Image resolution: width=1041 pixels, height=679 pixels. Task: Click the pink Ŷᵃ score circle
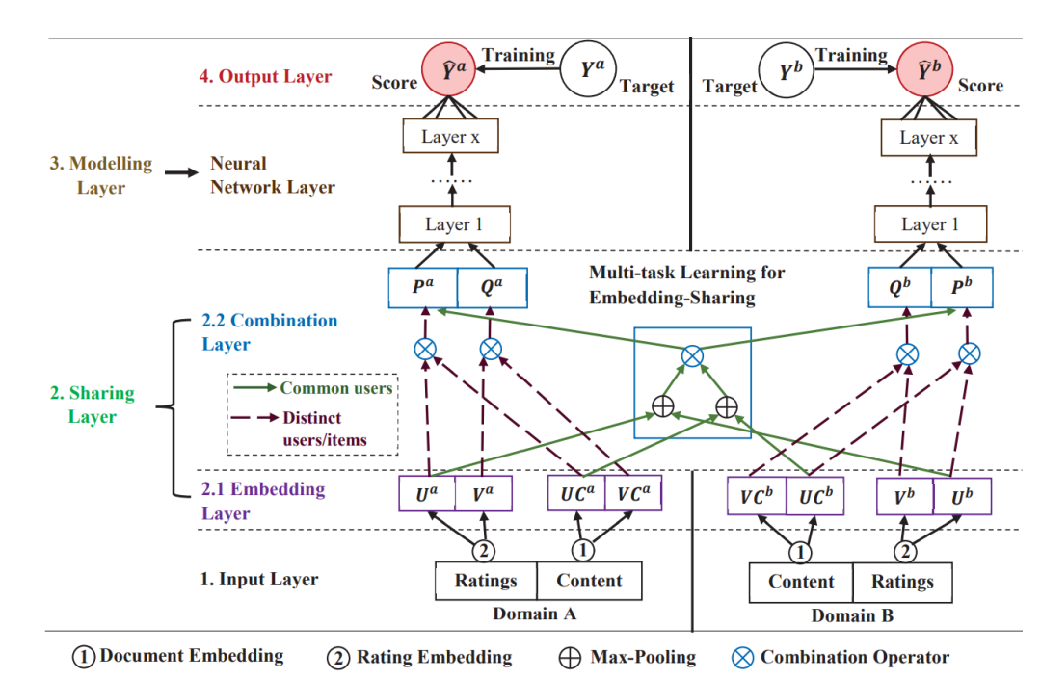(x=449, y=69)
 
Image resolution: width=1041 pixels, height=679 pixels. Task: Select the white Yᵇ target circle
(x=787, y=70)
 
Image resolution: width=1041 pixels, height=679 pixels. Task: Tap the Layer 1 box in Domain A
(x=454, y=224)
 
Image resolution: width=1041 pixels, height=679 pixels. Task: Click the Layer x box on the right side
(x=929, y=138)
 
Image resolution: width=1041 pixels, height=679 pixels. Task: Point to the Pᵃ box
(x=423, y=287)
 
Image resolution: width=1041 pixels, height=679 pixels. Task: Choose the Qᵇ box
(x=899, y=287)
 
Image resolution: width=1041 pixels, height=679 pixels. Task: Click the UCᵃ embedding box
(x=576, y=493)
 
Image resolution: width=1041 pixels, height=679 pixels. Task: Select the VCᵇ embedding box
(x=757, y=496)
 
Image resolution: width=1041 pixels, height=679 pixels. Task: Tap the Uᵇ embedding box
(x=962, y=496)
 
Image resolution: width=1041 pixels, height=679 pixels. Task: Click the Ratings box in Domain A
(x=486, y=581)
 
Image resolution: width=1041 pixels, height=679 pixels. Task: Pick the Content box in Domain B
(x=801, y=582)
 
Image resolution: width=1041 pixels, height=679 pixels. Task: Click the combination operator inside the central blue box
(x=692, y=356)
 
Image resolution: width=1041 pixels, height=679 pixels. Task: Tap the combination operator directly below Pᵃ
(x=425, y=349)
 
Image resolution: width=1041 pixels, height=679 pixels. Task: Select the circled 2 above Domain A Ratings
(x=483, y=550)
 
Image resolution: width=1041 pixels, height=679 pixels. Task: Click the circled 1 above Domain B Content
(x=800, y=552)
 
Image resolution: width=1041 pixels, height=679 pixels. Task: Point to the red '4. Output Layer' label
(x=266, y=76)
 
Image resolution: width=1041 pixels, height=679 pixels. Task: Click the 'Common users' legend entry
(x=336, y=388)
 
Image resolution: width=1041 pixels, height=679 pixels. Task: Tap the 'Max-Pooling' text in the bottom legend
(x=643, y=657)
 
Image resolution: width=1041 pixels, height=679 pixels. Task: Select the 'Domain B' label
(x=852, y=616)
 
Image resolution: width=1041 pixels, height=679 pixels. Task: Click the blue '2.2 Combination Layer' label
(x=270, y=331)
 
